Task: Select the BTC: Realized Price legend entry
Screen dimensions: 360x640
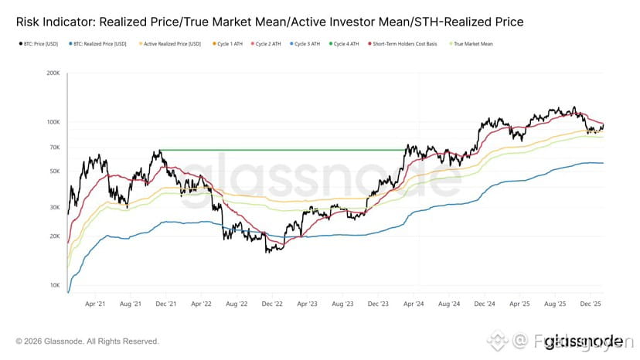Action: pyautogui.click(x=100, y=44)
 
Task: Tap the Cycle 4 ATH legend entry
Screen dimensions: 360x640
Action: pyautogui.click(x=344, y=44)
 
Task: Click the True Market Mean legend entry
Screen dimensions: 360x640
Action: pyautogui.click(x=474, y=44)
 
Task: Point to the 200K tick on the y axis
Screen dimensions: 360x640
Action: pyautogui.click(x=53, y=74)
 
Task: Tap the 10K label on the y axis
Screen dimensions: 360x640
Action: pyautogui.click(x=55, y=285)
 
